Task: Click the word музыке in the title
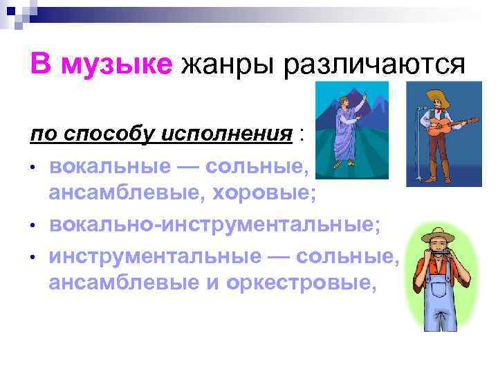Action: click(116, 66)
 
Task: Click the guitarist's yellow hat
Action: click(437, 98)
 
